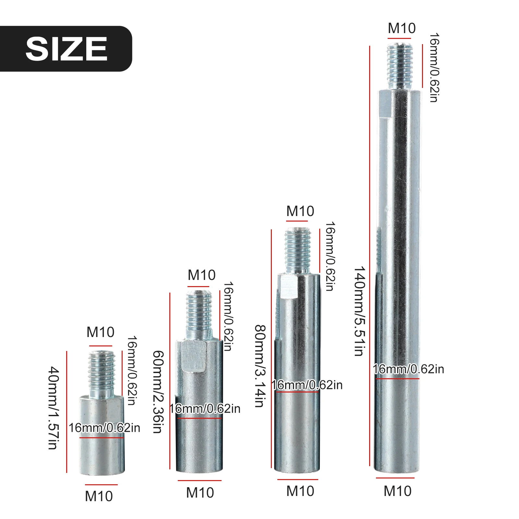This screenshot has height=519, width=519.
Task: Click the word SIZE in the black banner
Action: [66, 49]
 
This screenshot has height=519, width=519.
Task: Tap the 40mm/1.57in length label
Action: [54, 408]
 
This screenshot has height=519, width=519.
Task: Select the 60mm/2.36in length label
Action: [158, 392]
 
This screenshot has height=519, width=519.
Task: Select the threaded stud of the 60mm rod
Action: [199, 315]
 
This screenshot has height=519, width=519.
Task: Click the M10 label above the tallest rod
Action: [402, 28]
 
